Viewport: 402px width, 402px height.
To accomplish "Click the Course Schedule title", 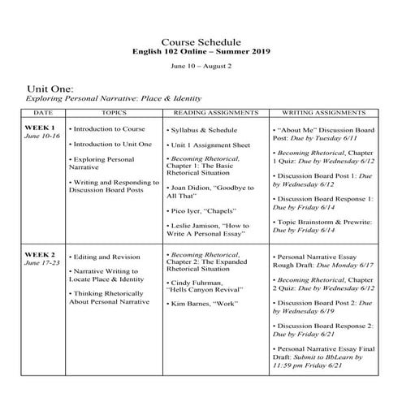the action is point(201,41).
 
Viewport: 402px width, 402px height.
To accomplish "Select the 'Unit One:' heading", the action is point(50,87).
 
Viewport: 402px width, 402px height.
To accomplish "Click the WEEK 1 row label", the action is point(41,128).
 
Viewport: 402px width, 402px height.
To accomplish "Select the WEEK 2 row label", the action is point(41,255).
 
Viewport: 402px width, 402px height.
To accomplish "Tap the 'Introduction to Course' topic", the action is point(109,129).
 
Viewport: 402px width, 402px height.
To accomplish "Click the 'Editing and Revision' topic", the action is point(106,256).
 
